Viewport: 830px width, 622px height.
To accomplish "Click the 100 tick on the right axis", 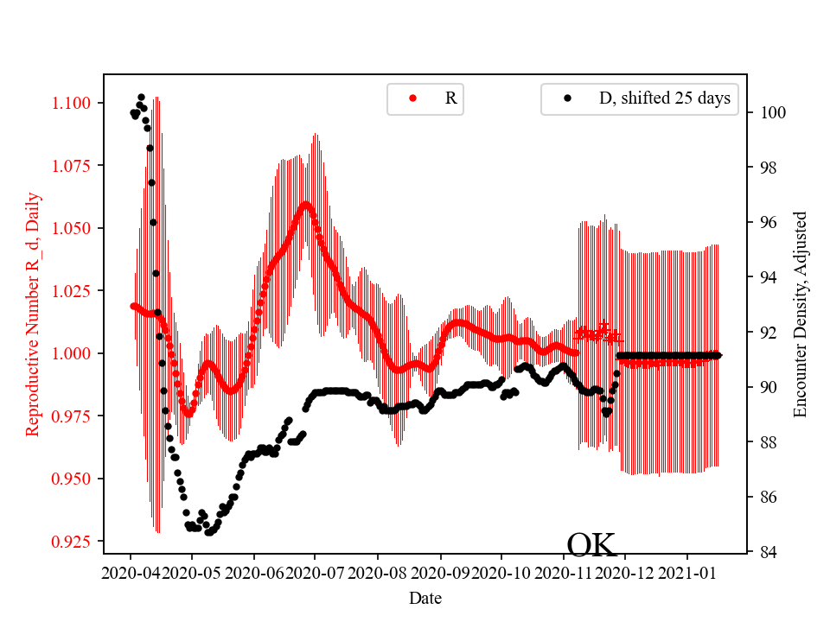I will tap(772, 112).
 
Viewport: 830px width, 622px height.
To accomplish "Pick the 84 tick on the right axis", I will tap(768, 552).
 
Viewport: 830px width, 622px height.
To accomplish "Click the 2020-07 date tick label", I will tap(316, 573).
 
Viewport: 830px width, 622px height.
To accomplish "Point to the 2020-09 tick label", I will tap(440, 573).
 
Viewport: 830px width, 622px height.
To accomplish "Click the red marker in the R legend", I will tap(412, 98).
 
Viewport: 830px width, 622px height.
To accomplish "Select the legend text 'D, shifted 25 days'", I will tap(664, 98).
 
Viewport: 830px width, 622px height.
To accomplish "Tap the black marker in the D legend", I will tap(567, 98).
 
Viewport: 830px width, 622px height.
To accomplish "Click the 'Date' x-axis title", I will tap(425, 597).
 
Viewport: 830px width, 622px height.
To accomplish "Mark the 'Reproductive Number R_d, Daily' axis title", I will tap(33, 314).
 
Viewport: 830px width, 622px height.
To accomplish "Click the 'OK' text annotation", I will tap(591, 545).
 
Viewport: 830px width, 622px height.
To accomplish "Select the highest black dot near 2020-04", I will tap(141, 97).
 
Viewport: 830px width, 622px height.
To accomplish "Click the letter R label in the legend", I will tap(450, 98).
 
